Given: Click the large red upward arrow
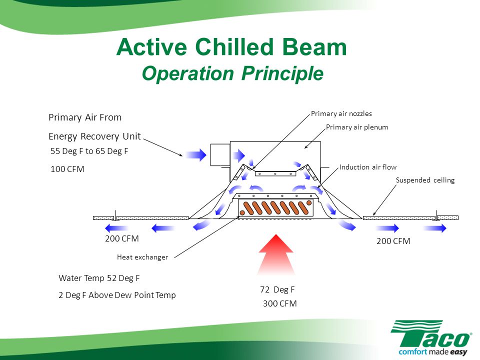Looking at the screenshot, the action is (276, 254).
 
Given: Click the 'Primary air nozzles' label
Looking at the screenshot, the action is (341, 113).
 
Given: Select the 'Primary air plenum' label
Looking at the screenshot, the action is (357, 127).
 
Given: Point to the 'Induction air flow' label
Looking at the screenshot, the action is (368, 167).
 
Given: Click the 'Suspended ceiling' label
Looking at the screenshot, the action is (425, 180).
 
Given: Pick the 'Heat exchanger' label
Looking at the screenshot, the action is (142, 257).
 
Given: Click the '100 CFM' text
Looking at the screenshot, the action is (67, 169).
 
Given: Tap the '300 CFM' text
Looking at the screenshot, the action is (280, 303).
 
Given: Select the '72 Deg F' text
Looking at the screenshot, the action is (277, 289).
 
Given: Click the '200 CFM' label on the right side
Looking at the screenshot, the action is (393, 241).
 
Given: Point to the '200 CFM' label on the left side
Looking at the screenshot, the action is (122, 238).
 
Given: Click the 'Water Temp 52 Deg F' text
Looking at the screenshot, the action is (99, 278).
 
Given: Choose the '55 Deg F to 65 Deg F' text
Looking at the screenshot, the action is (89, 151).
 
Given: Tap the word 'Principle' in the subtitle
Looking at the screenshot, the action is (282, 73).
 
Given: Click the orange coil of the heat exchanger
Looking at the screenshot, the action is (275, 208).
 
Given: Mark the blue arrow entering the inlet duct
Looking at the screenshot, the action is (195, 155).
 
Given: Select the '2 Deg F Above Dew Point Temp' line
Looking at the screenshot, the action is (117, 295).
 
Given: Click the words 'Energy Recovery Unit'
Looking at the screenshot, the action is (94, 136).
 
